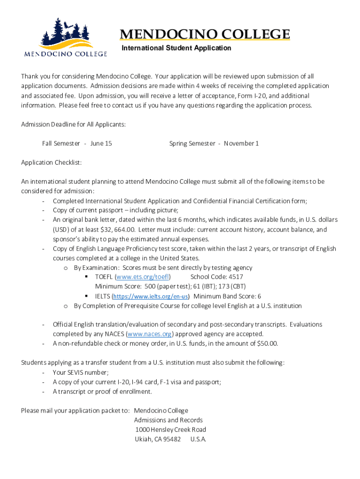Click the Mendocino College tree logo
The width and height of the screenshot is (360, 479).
(x=65, y=37)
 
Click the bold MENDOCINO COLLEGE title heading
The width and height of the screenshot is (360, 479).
(x=205, y=35)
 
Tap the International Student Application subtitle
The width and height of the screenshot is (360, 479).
(x=176, y=48)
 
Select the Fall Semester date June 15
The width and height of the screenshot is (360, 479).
(x=101, y=144)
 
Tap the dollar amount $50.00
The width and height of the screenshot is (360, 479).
(x=267, y=344)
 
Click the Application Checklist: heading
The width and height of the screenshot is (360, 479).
(x=51, y=163)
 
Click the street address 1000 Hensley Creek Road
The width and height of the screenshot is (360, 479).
(x=171, y=430)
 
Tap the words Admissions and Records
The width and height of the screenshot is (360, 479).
(x=168, y=420)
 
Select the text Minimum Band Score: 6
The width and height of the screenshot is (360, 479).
(x=227, y=297)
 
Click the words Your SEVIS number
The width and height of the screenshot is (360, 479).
(x=80, y=372)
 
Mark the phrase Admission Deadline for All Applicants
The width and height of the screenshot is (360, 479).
(x=73, y=124)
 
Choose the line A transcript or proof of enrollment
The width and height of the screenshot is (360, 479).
(x=102, y=392)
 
